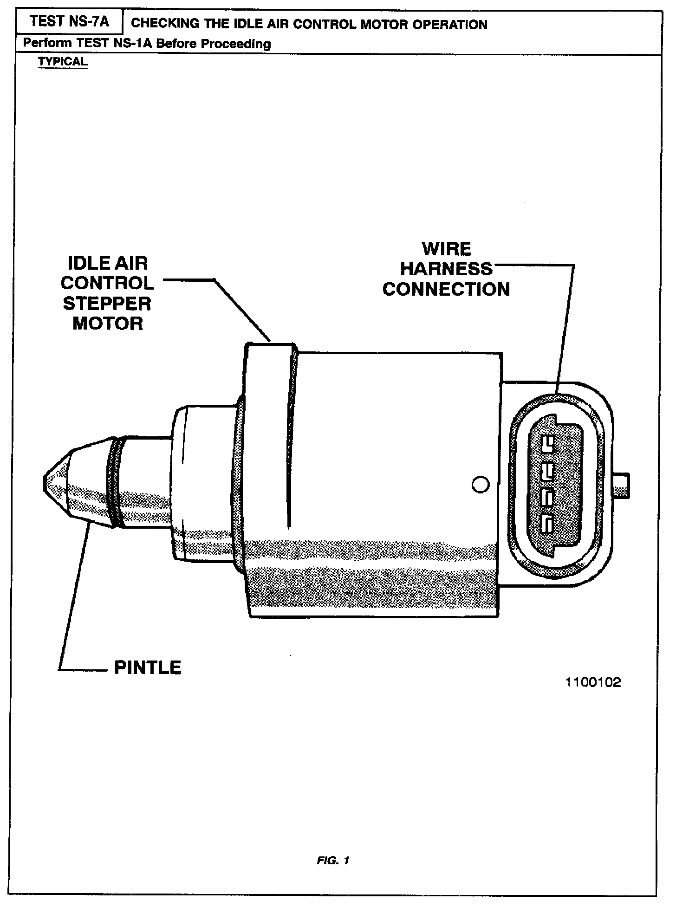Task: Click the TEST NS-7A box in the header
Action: tap(70, 22)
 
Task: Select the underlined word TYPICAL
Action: tap(63, 62)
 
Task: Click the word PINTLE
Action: tap(148, 668)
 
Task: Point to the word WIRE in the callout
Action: tap(446, 249)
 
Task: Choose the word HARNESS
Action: tap(446, 269)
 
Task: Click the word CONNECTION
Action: tap(446, 289)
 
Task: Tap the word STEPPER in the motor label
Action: tap(107, 304)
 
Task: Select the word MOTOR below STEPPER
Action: tap(108, 324)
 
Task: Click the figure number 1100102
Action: tap(593, 682)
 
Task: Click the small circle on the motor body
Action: tap(480, 485)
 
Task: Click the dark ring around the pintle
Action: tap(115, 483)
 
